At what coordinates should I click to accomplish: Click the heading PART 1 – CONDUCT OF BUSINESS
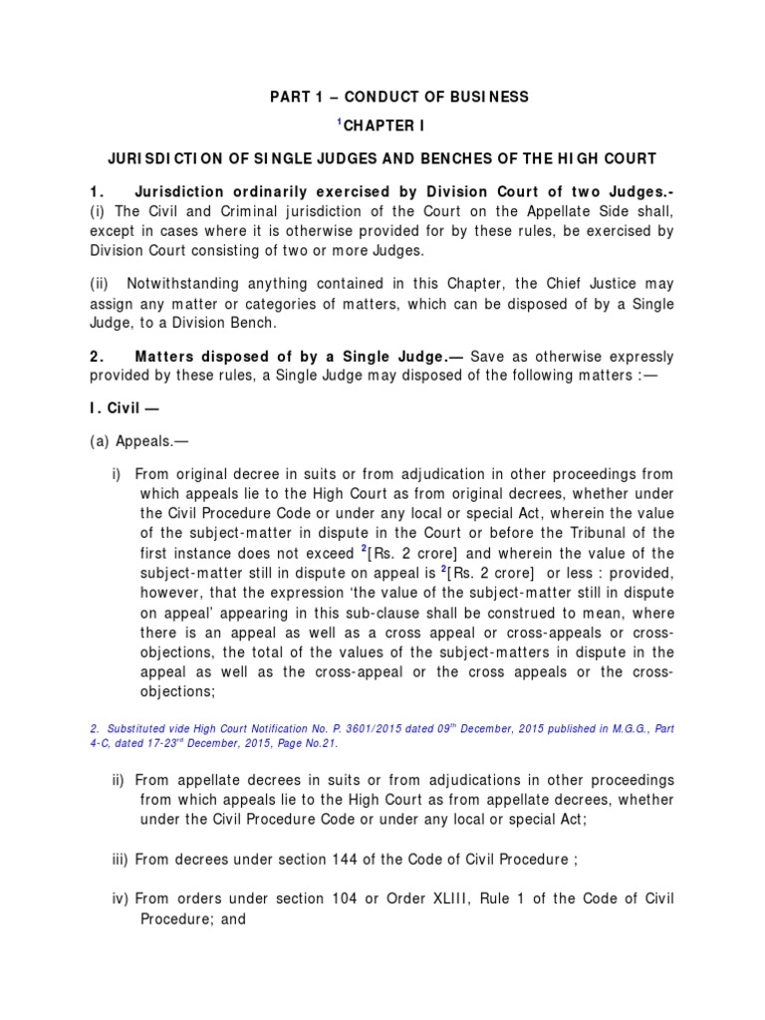tap(400, 97)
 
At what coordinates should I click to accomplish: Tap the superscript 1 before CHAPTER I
tap(338, 121)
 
